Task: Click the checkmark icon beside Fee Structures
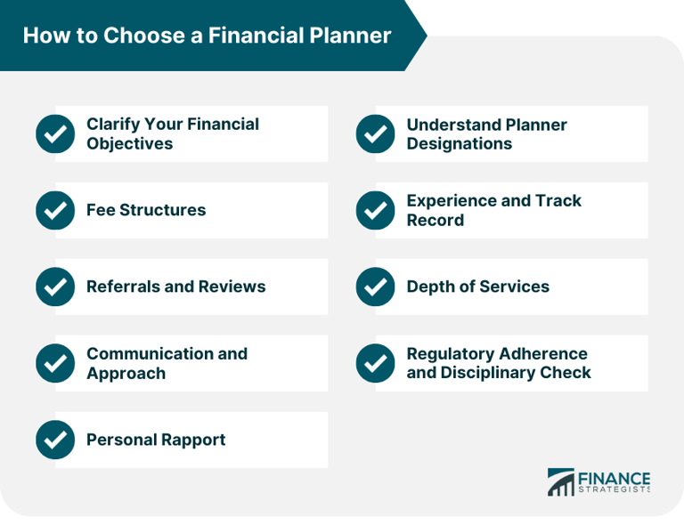coord(55,210)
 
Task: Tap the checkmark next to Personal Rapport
coord(55,440)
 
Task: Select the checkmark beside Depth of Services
coord(375,287)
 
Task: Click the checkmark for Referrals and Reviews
coord(55,287)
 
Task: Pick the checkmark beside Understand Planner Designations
coord(375,133)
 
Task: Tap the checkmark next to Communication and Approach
coord(55,363)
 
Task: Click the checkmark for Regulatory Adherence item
coord(375,363)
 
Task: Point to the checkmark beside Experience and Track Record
coord(375,210)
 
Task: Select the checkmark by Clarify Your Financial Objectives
coord(55,133)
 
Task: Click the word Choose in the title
coord(144,36)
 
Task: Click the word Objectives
coord(129,144)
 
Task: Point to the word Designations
coord(460,144)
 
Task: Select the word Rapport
coord(191,440)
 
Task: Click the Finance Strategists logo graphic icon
coord(561,482)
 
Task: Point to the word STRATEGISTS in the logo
coord(615,489)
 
